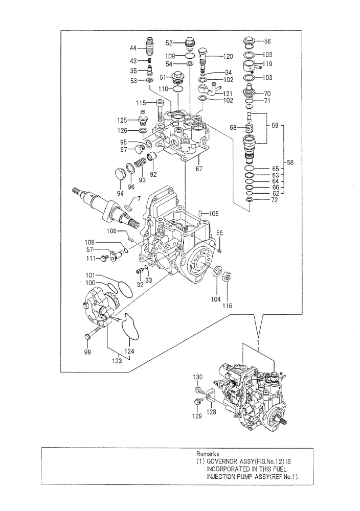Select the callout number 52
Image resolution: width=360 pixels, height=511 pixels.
click(169, 43)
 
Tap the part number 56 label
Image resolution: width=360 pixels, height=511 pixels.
click(267, 42)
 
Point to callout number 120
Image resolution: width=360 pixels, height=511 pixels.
click(227, 56)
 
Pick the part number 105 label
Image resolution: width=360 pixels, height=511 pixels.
click(213, 213)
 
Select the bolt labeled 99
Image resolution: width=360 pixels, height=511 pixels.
click(88, 336)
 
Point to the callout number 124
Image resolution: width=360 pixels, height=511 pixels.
click(130, 351)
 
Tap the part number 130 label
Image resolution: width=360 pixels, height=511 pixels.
click(198, 377)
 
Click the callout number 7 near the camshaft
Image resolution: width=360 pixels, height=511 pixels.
click(138, 197)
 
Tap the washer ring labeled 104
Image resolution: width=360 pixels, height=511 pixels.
click(216, 272)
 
